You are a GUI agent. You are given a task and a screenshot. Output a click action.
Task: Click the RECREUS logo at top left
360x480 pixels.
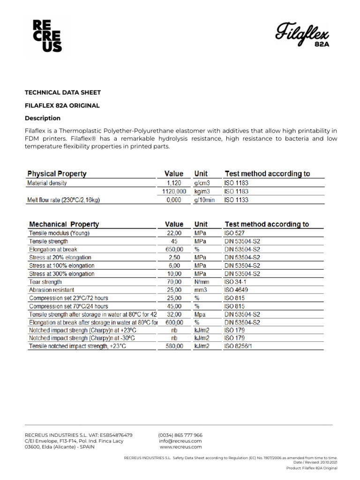(47, 36)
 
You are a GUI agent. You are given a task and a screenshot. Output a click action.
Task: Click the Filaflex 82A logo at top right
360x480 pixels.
(302, 36)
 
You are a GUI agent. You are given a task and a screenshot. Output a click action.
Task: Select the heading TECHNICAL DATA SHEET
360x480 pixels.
(62, 92)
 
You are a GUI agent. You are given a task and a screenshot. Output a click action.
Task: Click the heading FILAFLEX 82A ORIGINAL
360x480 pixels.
(62, 105)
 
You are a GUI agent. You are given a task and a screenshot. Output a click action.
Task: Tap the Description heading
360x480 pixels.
(42, 118)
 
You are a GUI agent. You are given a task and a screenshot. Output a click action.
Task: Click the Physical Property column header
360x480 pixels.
(57, 174)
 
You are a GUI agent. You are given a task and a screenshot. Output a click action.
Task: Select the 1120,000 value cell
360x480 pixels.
(174, 192)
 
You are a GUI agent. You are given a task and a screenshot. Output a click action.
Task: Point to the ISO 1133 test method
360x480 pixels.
(236, 200)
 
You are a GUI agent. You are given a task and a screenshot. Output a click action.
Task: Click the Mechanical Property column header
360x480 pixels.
(64, 225)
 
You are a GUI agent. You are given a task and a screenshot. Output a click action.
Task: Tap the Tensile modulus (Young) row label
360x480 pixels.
(59, 233)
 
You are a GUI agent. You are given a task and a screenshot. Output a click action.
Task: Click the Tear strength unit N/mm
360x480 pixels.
(202, 282)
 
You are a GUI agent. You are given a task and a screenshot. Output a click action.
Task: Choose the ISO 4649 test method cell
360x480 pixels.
(236, 290)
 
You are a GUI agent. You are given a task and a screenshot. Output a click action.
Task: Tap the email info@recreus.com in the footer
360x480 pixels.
(180, 441)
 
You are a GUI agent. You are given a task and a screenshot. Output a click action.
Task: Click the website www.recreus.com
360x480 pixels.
(180, 447)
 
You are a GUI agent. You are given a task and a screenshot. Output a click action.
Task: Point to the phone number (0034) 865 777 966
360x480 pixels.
(180, 435)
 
